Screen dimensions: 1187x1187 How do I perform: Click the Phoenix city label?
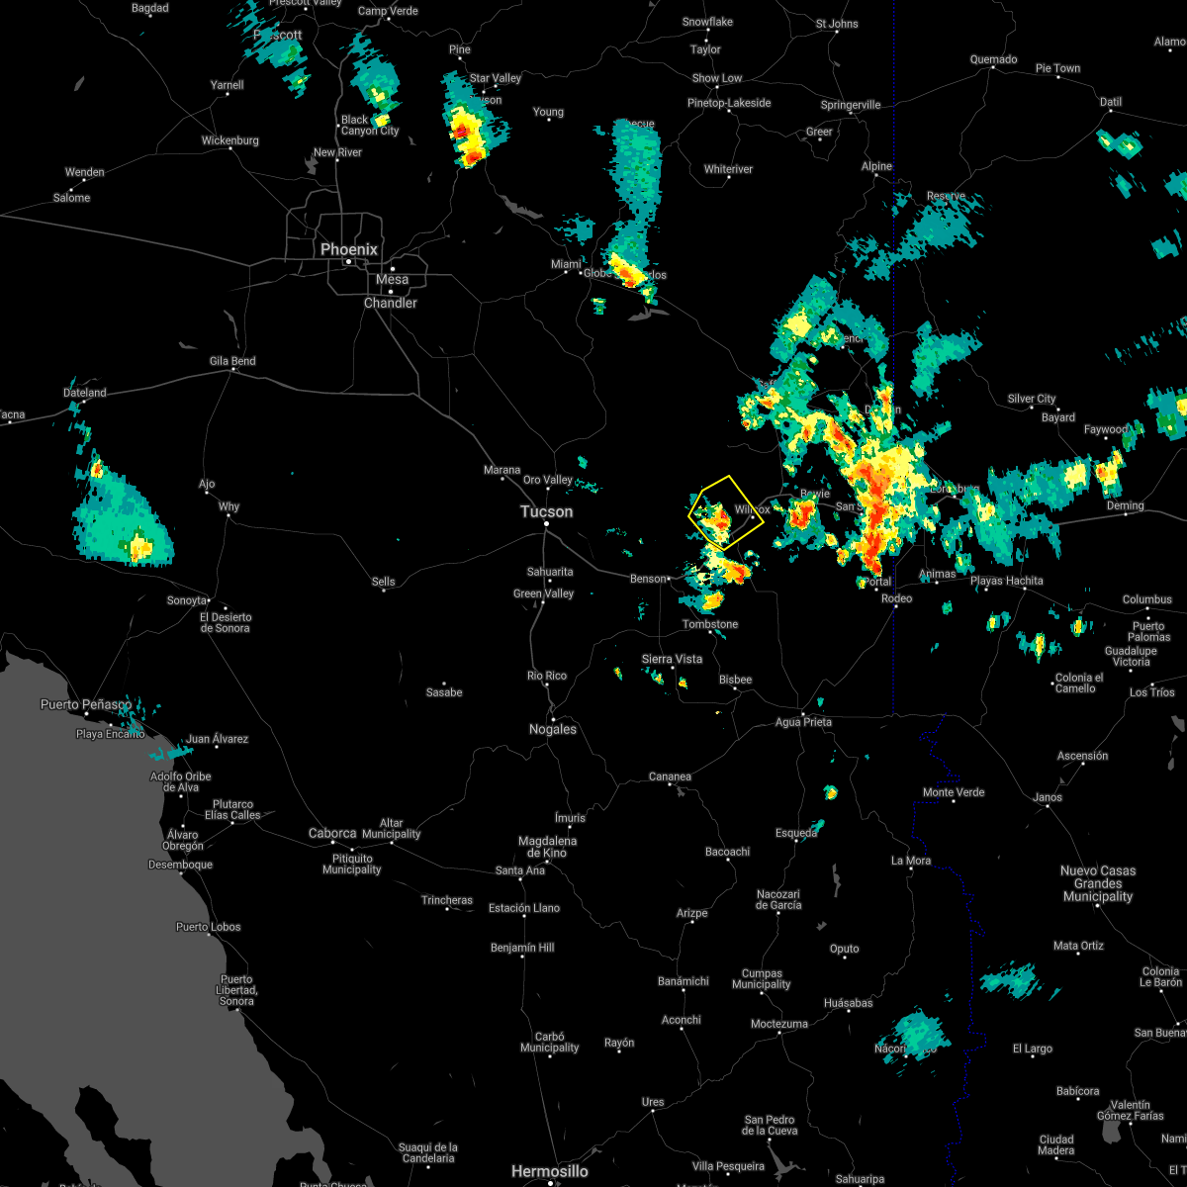click(348, 250)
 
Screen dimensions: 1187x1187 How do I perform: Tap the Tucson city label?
click(547, 511)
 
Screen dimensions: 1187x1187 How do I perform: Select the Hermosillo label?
click(549, 1171)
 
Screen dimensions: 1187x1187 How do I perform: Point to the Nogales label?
click(553, 729)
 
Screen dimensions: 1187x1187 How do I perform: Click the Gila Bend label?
click(232, 361)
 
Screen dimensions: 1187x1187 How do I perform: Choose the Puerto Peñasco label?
click(85, 704)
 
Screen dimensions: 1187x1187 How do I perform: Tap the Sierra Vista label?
click(672, 659)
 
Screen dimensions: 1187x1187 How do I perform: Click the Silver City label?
click(1032, 399)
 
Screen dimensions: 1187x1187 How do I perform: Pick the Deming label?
click(1125, 505)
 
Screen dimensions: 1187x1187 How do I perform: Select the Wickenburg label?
click(230, 140)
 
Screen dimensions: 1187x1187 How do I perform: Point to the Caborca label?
click(332, 833)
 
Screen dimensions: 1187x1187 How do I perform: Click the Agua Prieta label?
click(803, 722)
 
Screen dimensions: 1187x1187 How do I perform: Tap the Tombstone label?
click(710, 624)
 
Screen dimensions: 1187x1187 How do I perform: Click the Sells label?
click(384, 582)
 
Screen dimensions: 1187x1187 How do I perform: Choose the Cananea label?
click(670, 776)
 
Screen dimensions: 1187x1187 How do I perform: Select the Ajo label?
click(206, 485)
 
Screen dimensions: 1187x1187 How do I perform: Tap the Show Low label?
click(717, 78)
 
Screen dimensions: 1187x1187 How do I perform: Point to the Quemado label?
click(993, 59)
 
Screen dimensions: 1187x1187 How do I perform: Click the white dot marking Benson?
click(671, 579)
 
